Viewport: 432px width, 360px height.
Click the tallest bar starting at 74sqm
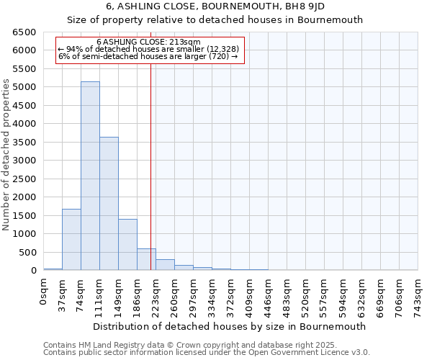coord(90,176)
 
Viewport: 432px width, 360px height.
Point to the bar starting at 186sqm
coord(146,260)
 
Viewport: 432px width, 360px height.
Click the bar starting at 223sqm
coord(165,265)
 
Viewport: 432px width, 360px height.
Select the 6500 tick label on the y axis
coord(24,32)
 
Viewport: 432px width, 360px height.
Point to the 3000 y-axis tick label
coord(24,161)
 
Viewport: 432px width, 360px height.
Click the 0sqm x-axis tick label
coord(44,291)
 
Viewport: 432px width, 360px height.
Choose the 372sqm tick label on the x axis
coord(231,294)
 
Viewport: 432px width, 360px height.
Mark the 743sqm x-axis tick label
coord(418,294)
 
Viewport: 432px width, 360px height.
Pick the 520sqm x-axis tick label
coord(306,294)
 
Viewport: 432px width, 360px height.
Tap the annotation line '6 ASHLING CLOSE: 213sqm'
coord(148,42)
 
